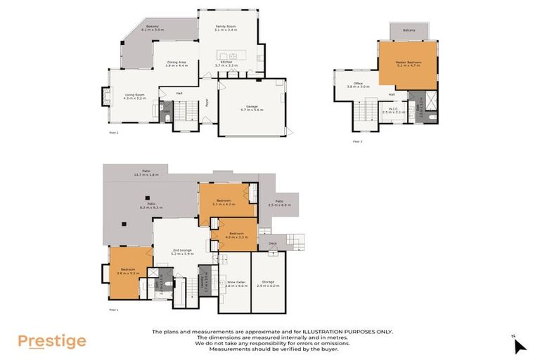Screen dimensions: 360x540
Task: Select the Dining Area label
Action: click(176, 63)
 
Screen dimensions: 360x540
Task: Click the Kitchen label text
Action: click(226, 63)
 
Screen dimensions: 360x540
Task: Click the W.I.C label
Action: click(394, 109)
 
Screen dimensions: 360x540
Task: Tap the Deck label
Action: click(272, 244)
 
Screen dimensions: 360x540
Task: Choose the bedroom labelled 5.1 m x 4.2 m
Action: click(224, 202)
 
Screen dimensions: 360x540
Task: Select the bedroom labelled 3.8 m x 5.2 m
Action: click(128, 270)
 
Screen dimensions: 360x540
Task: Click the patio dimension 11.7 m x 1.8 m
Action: click(146, 173)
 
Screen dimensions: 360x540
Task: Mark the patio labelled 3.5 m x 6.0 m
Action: click(279, 204)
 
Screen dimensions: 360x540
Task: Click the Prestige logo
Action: click(52, 342)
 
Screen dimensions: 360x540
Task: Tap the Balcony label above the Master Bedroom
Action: click(409, 30)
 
